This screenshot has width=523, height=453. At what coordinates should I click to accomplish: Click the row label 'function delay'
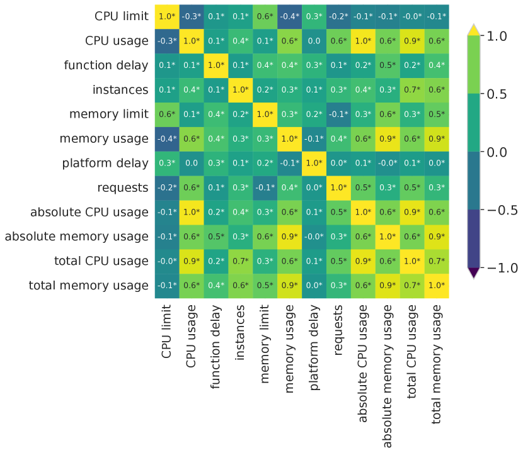[106, 65]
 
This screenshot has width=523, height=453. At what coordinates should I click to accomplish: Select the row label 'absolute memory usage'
[77, 237]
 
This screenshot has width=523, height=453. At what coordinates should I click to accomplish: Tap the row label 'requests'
[123, 187]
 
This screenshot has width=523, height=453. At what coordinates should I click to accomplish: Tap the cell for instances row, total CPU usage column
[412, 89]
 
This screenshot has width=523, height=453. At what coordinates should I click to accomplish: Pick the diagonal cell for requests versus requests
[338, 187]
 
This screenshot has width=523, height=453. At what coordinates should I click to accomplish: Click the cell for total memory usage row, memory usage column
[289, 286]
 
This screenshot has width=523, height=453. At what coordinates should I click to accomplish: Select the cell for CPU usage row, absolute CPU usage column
[363, 40]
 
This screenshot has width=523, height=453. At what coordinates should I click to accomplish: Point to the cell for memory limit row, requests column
[338, 114]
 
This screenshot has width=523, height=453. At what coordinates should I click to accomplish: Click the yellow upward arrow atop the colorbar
[474, 30]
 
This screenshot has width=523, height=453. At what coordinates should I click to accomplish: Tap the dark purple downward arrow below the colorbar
[474, 272]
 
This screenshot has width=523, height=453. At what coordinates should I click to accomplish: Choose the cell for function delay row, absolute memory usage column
[388, 65]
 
